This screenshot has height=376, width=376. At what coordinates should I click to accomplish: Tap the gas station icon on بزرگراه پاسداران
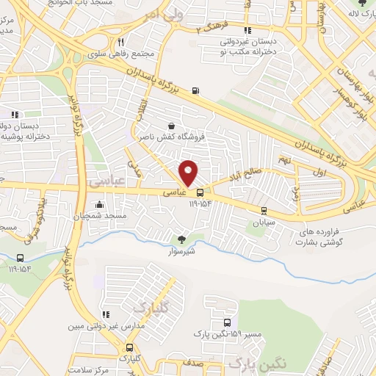(195, 91)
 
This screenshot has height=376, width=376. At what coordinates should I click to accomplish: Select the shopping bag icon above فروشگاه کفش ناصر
(171, 126)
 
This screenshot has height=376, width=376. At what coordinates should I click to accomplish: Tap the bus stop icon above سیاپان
(263, 210)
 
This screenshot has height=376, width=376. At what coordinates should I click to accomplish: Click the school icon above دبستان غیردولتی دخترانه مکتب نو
(247, 31)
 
